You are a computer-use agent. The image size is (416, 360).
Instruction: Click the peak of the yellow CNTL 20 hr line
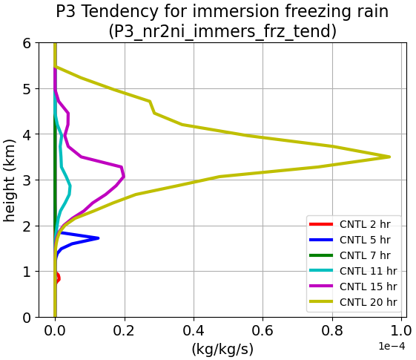(x=389, y=157)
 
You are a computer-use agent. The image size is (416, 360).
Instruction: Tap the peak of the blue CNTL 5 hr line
(x=98, y=238)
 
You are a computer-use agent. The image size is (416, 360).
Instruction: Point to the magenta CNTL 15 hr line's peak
(x=124, y=176)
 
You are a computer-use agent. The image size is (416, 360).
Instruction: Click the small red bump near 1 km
(x=58, y=278)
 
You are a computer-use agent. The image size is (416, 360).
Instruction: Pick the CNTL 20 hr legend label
(x=369, y=302)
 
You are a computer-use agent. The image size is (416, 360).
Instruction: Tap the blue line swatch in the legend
(x=321, y=240)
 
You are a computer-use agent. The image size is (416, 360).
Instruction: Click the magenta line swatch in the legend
(x=321, y=286)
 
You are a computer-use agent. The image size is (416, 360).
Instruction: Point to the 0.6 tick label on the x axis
(x=263, y=330)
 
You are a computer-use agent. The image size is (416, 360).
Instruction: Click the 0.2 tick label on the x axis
(x=124, y=330)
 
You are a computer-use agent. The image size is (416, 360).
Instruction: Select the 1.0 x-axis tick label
(x=401, y=330)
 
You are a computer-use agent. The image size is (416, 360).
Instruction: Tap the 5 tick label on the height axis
(x=27, y=88)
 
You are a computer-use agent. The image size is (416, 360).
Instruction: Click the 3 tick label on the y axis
(x=27, y=180)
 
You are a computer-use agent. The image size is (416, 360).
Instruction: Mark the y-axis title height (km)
(x=10, y=180)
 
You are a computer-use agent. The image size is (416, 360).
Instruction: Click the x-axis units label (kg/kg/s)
(x=222, y=349)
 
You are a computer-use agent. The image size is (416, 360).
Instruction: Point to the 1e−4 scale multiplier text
(x=392, y=346)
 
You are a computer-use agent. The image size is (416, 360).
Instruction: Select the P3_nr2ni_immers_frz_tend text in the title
(x=222, y=31)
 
